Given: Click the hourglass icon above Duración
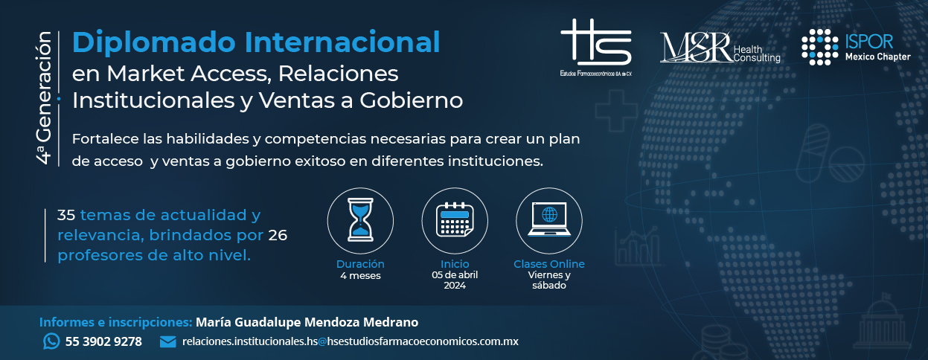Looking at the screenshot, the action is tap(360, 219).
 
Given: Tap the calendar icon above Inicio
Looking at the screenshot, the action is tap(455, 219).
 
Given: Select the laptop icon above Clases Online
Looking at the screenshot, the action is tap(549, 219).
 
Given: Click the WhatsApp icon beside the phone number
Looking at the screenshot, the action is tap(51, 341).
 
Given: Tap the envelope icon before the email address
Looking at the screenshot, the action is tap(167, 341).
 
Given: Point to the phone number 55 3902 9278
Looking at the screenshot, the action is tap(103, 341).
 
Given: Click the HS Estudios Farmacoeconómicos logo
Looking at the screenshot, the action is tap(596, 47).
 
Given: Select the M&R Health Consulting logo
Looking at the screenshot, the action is tap(720, 48).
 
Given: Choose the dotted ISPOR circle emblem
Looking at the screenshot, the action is tap(819, 47).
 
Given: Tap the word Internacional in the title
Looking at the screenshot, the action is tap(342, 42).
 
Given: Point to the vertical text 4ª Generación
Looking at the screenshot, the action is tap(43, 98).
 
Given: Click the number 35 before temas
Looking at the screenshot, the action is tap(66, 215).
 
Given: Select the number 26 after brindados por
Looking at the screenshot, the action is tap(278, 235).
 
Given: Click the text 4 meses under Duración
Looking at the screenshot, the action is tap(360, 275).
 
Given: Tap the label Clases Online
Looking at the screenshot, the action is tap(549, 264).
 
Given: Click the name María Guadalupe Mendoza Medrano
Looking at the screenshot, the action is tap(307, 322).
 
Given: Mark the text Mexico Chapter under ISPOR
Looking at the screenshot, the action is tap(878, 57).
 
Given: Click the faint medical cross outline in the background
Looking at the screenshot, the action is tap(616, 111).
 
